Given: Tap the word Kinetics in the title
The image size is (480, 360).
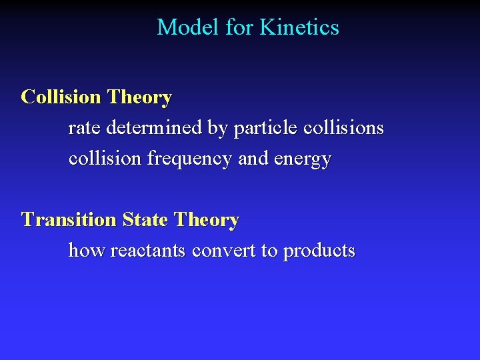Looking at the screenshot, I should (299, 27).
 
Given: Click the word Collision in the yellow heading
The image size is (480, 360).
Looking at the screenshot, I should (61, 97).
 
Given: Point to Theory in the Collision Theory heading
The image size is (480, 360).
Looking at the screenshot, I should (139, 97).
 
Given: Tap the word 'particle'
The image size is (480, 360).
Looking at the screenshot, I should (266, 128).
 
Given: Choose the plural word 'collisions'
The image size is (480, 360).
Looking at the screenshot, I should (343, 128).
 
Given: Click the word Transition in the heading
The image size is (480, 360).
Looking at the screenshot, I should (69, 220).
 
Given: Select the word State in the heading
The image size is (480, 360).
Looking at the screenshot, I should (145, 220).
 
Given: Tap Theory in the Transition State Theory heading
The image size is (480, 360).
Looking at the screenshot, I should (206, 220).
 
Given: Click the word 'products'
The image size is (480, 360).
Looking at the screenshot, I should (319, 251).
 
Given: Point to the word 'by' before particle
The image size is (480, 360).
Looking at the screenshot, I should (218, 129).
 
